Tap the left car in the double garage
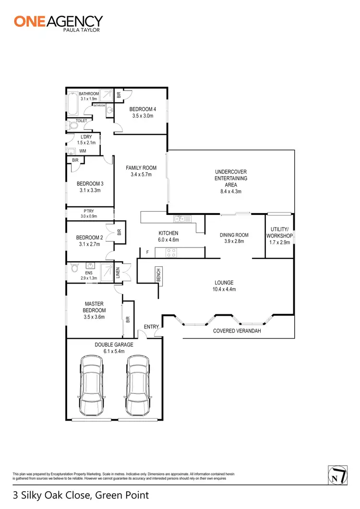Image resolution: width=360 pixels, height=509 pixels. pyautogui.click(x=92, y=386)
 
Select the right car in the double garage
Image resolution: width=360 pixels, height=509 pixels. pyautogui.click(x=138, y=386)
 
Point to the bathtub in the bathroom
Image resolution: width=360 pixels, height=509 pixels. pyautogui.click(x=72, y=105)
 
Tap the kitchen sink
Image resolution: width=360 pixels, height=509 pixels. pyautogui.click(x=180, y=219)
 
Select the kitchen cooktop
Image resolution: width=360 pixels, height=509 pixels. pyautogui.click(x=172, y=252)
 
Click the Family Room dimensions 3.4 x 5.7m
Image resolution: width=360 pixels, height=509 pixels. pyautogui.click(x=141, y=175)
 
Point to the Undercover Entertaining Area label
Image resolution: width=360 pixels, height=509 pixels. pyautogui.click(x=231, y=178)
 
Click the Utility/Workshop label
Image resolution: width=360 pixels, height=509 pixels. pyautogui.click(x=279, y=233)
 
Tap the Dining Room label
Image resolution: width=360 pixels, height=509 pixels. pyautogui.click(x=234, y=235)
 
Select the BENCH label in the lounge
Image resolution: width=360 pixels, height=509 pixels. pyautogui.click(x=158, y=274)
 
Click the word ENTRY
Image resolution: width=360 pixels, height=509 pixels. pyautogui.click(x=151, y=327)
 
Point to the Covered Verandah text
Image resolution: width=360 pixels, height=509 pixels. pyautogui.click(x=237, y=331)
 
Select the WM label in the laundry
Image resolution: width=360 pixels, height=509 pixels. pyautogui.click(x=83, y=151)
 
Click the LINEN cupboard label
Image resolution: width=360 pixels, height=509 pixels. pyautogui.click(x=118, y=273)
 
